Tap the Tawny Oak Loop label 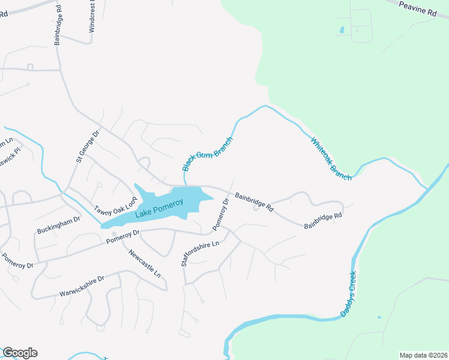pyautogui.click(x=117, y=202)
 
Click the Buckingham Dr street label pyautogui.click(x=58, y=224)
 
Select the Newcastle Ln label pyautogui.click(x=145, y=262)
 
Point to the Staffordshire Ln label pyautogui.click(x=200, y=252)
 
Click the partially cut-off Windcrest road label pyautogui.click(x=92, y=12)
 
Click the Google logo pyautogui.click(x=20, y=353)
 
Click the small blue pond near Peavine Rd pyautogui.click(x=342, y=29)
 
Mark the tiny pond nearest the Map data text pyautogui.click(x=379, y=317)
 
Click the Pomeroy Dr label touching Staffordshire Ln pyautogui.click(x=220, y=215)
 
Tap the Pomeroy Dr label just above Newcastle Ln pyautogui.click(x=123, y=236)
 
